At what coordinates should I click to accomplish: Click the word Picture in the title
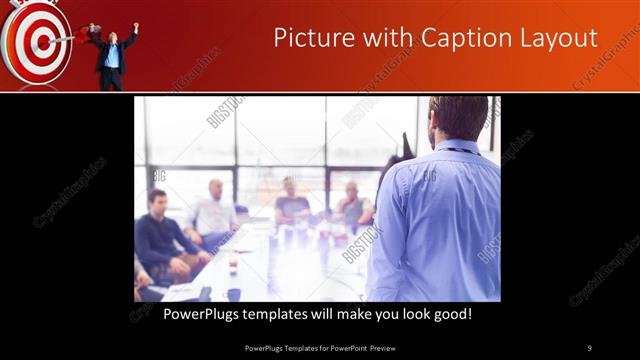coord(313,38)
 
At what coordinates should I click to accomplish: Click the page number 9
coord(589,347)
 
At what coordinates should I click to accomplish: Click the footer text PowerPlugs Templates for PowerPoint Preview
coord(320,347)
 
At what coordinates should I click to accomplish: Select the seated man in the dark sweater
coord(160,235)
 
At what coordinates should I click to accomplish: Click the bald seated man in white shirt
coord(215,212)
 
